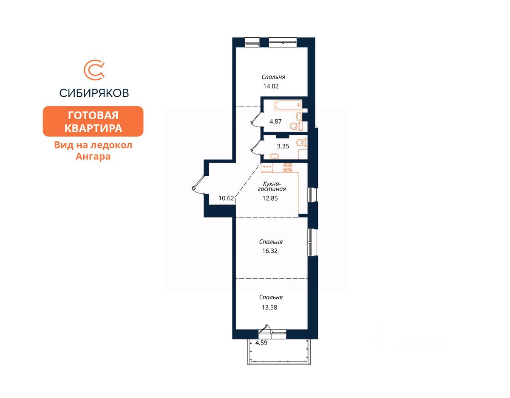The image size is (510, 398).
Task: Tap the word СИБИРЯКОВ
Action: click(x=94, y=93)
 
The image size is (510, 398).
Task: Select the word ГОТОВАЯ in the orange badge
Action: click(x=93, y=115)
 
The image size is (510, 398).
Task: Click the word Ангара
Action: click(x=93, y=156)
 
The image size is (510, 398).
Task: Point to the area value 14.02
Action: click(x=271, y=86)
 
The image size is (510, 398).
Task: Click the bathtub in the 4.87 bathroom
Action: click(x=288, y=105)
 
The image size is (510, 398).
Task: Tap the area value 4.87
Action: click(x=275, y=121)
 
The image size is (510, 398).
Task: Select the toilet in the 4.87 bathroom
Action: click(x=296, y=126)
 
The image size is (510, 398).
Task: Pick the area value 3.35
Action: click(x=283, y=146)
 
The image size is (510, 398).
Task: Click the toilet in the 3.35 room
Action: click(x=302, y=143)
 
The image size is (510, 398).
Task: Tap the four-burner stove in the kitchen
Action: click(x=288, y=168)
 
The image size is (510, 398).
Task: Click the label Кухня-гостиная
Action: click(x=272, y=186)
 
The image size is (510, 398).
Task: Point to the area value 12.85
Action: click(x=270, y=198)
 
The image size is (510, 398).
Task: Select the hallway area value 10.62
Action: click(x=226, y=198)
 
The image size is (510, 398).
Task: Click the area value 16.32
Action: click(x=270, y=251)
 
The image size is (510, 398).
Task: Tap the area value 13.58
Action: click(x=269, y=307)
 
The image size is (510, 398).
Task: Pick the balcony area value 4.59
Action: click(x=261, y=343)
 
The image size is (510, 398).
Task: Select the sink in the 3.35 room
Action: click(x=274, y=156)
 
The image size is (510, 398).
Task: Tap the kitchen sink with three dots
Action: click(x=267, y=168)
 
